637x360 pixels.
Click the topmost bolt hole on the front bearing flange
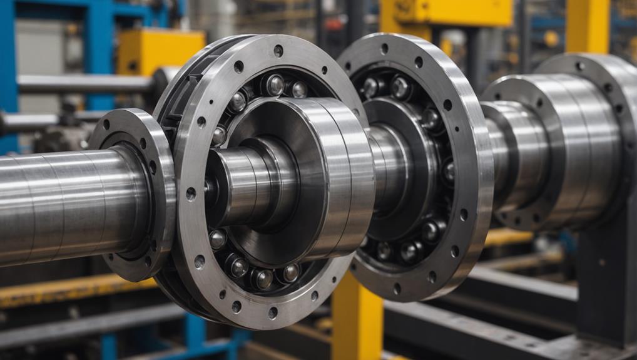click(x=278, y=50)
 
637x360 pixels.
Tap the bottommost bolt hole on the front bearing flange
click(x=273, y=312)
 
